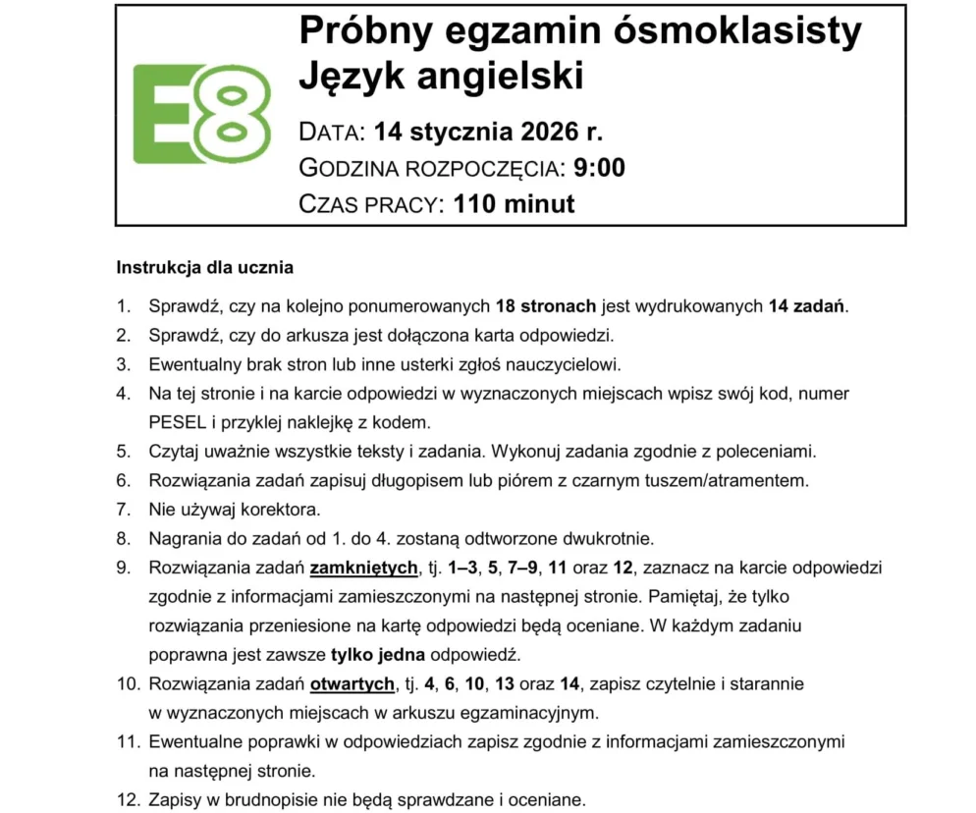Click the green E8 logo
201,114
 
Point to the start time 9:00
597,168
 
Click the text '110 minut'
514,204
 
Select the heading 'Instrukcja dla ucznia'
204,267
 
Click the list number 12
126,799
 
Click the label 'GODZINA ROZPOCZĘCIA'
429,168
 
